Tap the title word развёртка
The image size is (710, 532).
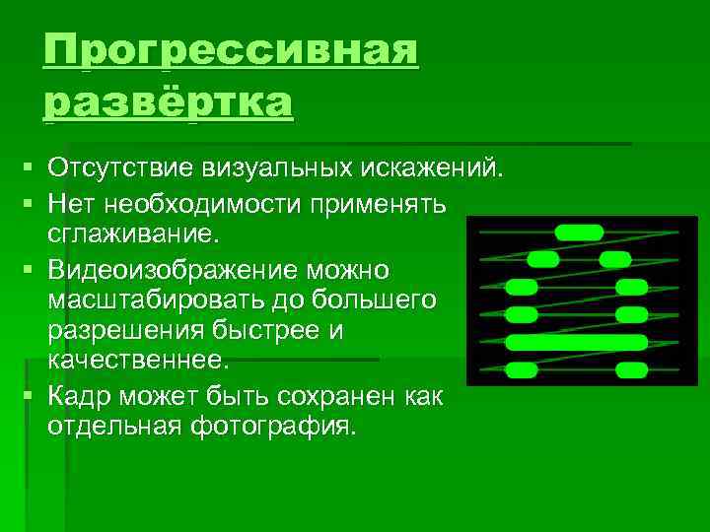[x=169, y=101]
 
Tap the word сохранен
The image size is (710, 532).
[x=339, y=396]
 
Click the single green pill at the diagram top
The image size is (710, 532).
[x=579, y=233]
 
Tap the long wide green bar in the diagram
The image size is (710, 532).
[x=576, y=343]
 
